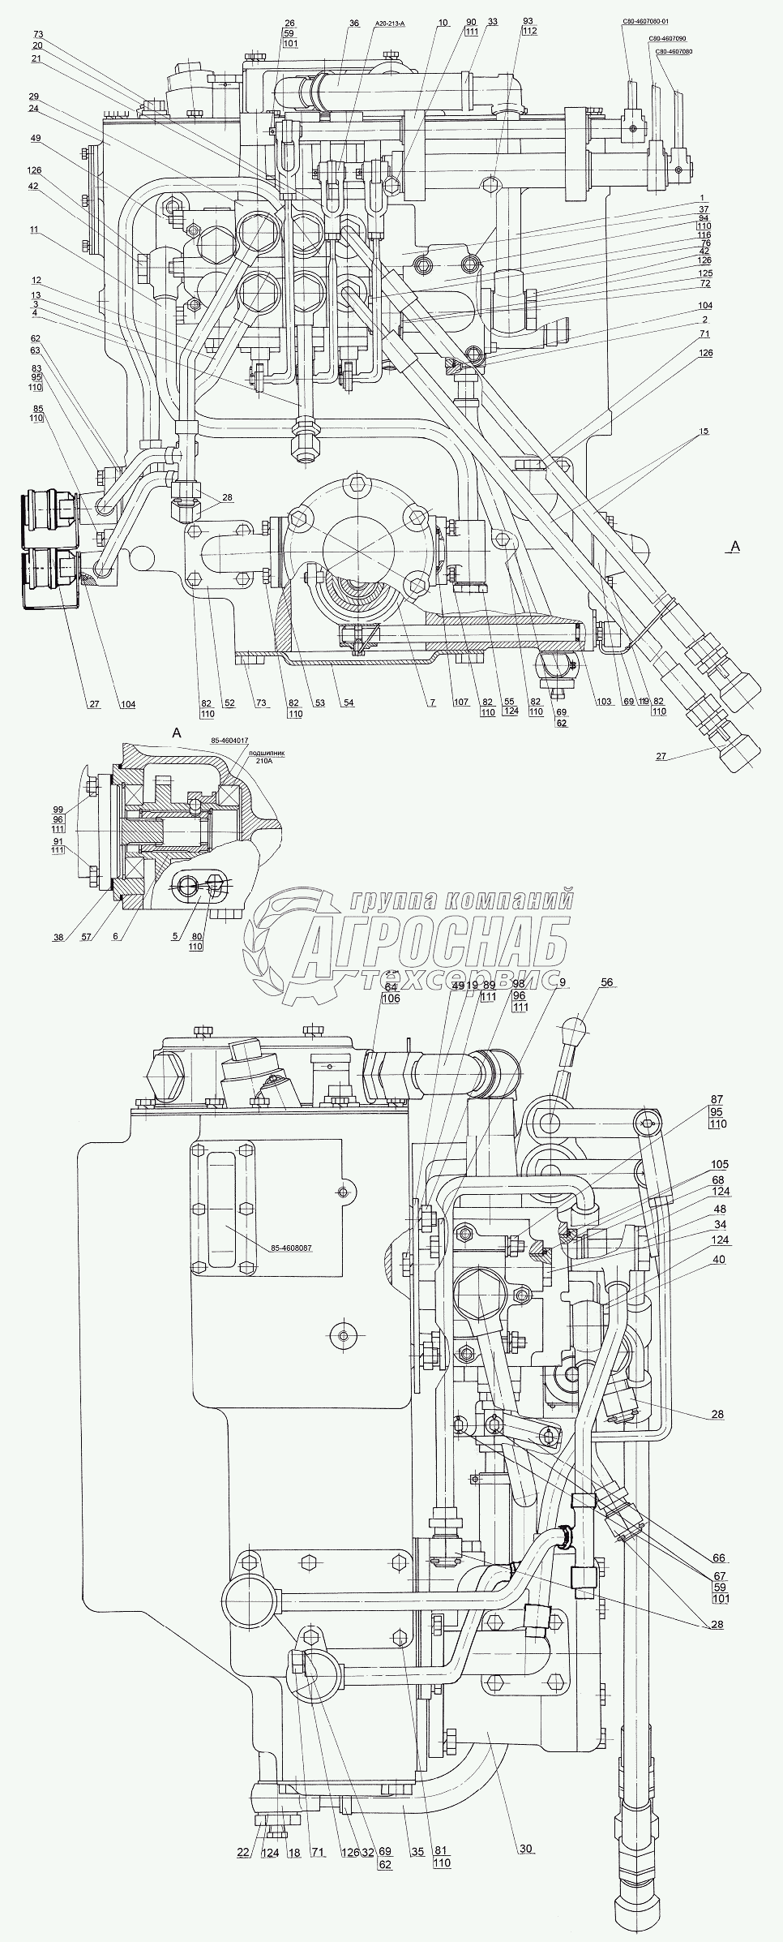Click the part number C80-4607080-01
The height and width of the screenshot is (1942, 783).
(647, 24)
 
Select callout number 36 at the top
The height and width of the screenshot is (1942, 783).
(354, 24)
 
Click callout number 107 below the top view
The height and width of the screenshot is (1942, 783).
(463, 702)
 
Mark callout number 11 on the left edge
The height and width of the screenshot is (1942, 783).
(35, 230)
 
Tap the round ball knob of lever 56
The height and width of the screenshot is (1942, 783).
(578, 1025)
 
